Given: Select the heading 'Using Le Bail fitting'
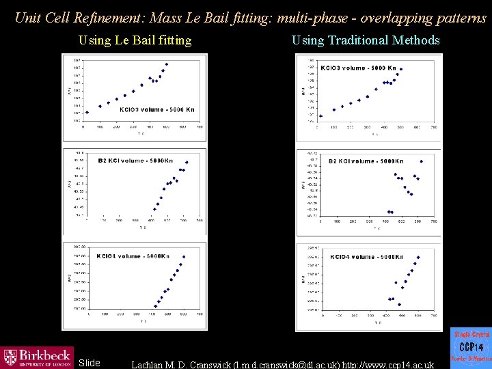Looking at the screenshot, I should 135,40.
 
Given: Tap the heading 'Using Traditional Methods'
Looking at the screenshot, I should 366,40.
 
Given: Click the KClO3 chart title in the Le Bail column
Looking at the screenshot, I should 156,109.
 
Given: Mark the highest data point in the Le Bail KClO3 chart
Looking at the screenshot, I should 166,65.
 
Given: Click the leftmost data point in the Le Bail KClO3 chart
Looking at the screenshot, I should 87,112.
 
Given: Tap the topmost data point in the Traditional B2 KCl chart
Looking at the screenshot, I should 421,161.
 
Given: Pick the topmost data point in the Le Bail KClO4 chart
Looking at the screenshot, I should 184,257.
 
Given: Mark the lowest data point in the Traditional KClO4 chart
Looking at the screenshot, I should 399,305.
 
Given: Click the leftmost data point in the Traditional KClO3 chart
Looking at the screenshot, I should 320,116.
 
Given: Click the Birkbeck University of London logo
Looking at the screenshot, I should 37,357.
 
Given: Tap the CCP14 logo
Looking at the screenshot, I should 471,346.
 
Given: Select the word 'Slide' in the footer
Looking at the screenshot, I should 90,363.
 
